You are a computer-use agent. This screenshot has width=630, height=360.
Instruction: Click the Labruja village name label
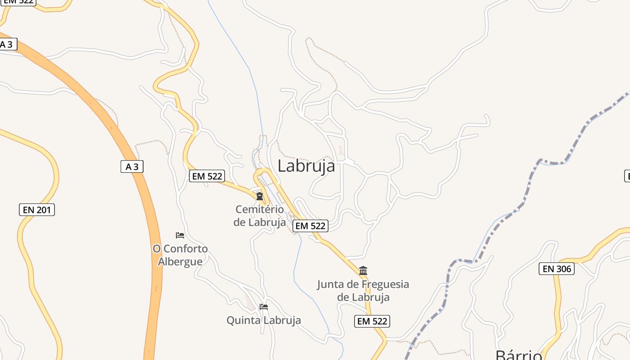coord(306,166)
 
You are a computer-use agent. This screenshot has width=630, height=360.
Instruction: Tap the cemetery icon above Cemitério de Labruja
coord(260,196)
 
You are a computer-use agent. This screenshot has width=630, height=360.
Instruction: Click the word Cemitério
coord(260,209)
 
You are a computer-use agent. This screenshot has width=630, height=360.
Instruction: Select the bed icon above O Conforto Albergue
coord(180,235)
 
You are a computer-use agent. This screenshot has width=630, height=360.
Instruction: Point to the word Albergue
coord(180,261)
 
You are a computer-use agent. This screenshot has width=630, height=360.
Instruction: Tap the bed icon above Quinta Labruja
coord(264,307)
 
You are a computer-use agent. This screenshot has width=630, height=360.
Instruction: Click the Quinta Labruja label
coord(264,320)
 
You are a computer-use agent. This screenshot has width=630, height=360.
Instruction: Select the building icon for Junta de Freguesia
coord(363,270)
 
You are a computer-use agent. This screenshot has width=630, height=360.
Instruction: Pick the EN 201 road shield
coord(37,210)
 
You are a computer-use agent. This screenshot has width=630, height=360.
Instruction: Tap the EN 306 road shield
coord(557,269)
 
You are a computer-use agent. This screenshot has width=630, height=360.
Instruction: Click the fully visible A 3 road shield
coord(132,166)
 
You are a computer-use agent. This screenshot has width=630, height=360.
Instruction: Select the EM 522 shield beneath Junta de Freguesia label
coord(372,321)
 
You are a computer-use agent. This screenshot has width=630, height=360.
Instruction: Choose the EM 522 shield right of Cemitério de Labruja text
coord(310,226)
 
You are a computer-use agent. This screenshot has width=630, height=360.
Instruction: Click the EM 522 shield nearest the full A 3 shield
coord(207,176)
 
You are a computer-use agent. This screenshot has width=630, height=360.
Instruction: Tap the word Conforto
coord(186,249)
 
